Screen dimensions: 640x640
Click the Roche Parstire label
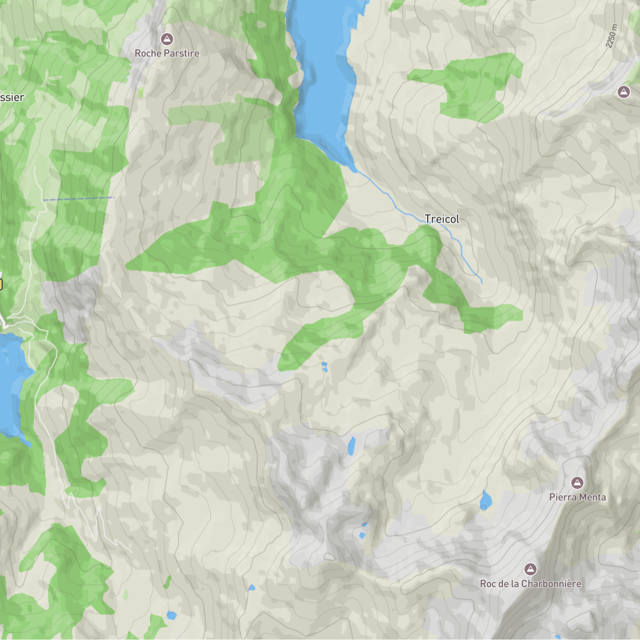[167, 53]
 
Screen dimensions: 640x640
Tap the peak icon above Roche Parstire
[167, 39]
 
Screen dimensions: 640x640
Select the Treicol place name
[442, 219]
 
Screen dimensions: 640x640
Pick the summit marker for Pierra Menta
[577, 482]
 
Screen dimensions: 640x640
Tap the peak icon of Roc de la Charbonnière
[530, 569]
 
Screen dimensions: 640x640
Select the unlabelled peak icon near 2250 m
[624, 92]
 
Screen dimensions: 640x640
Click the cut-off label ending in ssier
[12, 98]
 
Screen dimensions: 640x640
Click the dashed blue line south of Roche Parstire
[79, 199]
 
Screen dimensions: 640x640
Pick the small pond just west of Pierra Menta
[485, 501]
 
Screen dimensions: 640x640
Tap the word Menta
[592, 497]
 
